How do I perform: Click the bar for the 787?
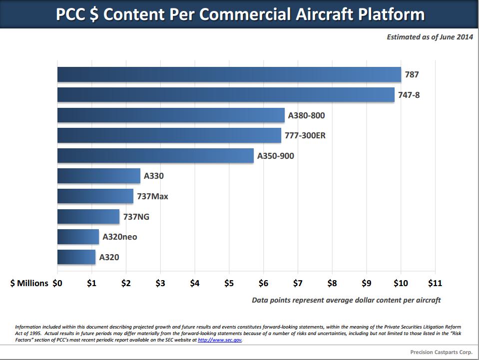tap(229, 74)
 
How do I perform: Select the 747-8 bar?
tap(226, 95)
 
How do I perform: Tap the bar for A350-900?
tap(155, 156)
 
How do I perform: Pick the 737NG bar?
tap(88, 217)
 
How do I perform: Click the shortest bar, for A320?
tap(76, 257)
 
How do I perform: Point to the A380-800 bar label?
tap(307, 115)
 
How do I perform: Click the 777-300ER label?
tap(305, 135)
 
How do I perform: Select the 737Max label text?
tap(152, 196)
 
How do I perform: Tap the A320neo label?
tap(119, 237)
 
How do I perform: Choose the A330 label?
tap(154, 176)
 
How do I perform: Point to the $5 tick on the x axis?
tap(229, 283)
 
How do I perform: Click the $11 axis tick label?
tap(435, 283)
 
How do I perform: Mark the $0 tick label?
tap(57, 283)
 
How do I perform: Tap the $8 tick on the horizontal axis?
tap(332, 283)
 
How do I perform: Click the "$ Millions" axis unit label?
tap(29, 283)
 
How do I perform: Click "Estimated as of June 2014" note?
tap(430, 37)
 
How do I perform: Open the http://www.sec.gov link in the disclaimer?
tap(220, 340)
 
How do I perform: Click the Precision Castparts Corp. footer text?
tap(441, 352)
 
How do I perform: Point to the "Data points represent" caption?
tap(346, 300)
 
